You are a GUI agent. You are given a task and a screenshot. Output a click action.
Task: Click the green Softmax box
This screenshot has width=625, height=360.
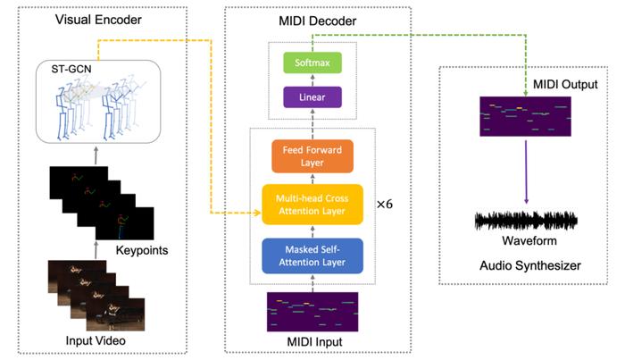[x=312, y=63]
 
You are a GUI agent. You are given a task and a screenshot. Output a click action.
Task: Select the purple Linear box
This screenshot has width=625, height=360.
[x=312, y=96]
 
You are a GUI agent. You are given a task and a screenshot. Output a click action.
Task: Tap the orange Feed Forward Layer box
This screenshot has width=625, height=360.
[x=312, y=155]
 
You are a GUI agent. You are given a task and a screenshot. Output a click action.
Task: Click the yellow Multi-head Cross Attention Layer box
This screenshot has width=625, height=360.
[x=312, y=205]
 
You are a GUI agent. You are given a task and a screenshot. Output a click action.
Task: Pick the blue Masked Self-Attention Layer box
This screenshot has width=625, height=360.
[x=312, y=256]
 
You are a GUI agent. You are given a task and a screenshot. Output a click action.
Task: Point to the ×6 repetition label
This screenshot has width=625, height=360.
[x=385, y=205]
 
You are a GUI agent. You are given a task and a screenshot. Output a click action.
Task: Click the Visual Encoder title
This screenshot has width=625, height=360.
[x=98, y=20]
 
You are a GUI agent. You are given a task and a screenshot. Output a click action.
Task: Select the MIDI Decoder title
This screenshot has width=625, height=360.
[x=317, y=21]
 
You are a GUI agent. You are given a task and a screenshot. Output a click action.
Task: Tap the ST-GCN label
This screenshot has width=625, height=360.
[x=71, y=69]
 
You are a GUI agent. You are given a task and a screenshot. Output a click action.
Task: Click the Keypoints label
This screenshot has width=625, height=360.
[x=142, y=250]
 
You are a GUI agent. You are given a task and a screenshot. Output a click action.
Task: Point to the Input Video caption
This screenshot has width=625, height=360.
[x=96, y=340]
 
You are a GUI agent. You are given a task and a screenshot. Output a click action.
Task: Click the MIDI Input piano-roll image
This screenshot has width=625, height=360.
[x=312, y=312]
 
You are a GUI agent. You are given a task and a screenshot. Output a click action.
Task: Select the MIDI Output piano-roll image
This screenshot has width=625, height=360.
[x=525, y=116]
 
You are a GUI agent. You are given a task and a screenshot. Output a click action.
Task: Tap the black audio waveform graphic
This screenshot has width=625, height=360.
[x=526, y=221]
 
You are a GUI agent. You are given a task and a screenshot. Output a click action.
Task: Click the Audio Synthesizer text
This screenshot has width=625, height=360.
[x=530, y=265]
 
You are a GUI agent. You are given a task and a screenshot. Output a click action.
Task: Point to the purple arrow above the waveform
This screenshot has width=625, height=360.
[x=526, y=172]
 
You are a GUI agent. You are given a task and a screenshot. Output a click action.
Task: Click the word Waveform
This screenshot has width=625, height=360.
[x=529, y=241]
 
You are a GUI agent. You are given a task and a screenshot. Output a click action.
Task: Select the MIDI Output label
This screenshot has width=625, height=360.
[x=565, y=84]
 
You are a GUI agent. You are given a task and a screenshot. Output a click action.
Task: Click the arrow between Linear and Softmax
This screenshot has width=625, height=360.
[x=312, y=80]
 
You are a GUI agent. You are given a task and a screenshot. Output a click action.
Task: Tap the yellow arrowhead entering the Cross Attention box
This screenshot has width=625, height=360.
[x=258, y=213]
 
